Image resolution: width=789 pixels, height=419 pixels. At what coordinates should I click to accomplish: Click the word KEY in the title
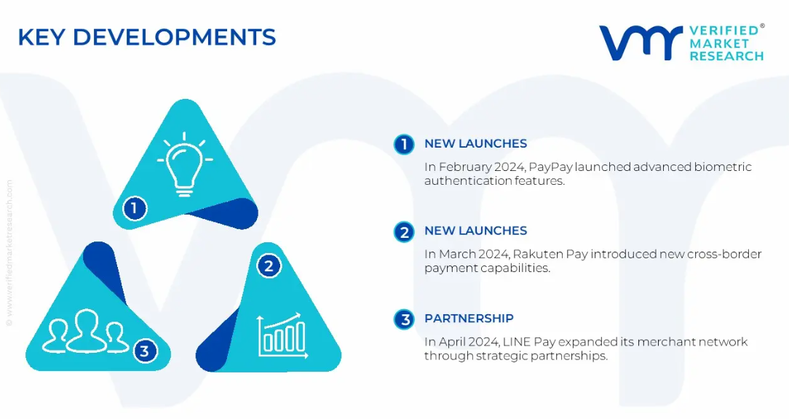pyautogui.click(x=41, y=37)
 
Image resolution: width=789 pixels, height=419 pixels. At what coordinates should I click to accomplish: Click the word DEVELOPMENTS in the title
pyautogui.click(x=174, y=37)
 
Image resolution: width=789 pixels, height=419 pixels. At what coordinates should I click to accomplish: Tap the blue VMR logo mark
pyautogui.click(x=640, y=42)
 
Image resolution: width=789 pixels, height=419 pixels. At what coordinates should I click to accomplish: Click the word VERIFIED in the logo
pyautogui.click(x=723, y=30)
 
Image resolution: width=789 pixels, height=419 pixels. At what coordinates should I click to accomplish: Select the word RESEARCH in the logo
pyautogui.click(x=726, y=56)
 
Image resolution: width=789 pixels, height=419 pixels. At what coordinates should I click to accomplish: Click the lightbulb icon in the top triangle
pyautogui.click(x=185, y=164)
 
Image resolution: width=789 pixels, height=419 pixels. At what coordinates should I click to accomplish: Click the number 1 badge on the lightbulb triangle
pyautogui.click(x=134, y=208)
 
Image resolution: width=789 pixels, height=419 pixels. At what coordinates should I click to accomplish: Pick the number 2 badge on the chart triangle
pyautogui.click(x=269, y=266)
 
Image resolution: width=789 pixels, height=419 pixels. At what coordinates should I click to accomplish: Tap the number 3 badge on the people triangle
pyautogui.click(x=145, y=351)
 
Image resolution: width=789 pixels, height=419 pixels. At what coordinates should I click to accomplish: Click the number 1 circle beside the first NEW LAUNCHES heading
pyautogui.click(x=404, y=144)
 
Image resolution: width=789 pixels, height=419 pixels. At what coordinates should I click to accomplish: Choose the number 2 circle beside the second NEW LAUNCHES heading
pyautogui.click(x=404, y=232)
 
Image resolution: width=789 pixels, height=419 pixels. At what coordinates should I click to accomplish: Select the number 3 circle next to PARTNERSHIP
pyautogui.click(x=404, y=319)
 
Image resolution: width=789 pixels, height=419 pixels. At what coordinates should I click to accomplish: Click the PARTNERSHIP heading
pyautogui.click(x=469, y=319)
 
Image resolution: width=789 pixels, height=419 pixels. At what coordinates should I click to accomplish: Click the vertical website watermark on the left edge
pyautogui.click(x=9, y=253)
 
